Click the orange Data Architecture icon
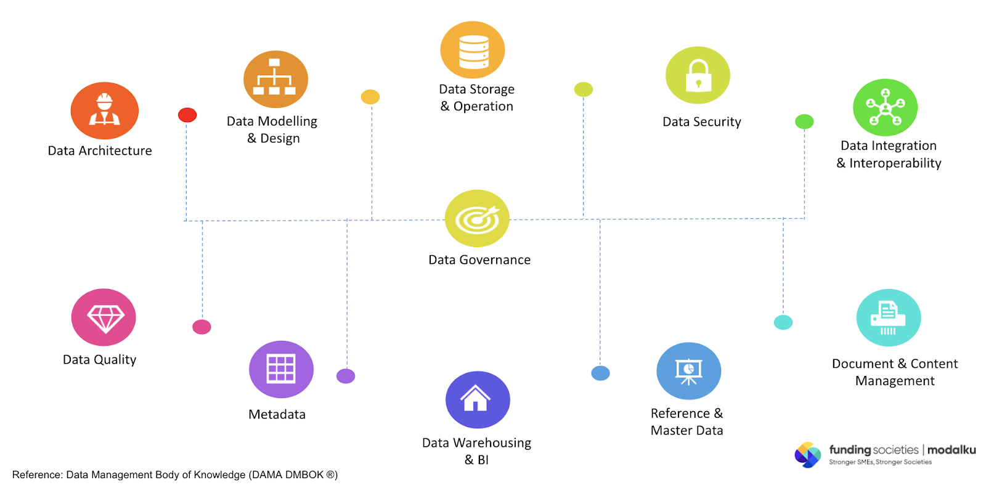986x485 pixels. coord(105,110)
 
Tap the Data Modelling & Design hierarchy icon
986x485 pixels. coord(275,79)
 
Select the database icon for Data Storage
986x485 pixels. coord(473,50)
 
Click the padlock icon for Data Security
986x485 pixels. coord(698,75)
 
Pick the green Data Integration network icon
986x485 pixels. coord(885,107)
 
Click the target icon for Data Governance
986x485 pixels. coord(477,218)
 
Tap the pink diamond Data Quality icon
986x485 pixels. coord(104,317)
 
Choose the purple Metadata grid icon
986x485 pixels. coord(281,369)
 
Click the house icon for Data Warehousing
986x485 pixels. coord(478,399)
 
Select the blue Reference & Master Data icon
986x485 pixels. coord(688,371)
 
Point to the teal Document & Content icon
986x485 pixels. coord(888,318)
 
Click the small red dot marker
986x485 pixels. coord(187,115)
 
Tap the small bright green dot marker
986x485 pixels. coord(804,121)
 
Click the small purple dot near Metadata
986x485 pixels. coord(346,376)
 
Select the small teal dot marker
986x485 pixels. coord(783,322)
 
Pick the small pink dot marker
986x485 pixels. coord(202,327)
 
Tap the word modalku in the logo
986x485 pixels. coord(951,450)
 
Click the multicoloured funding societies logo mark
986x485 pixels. coord(807,455)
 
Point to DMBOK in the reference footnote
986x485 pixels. coord(304,475)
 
